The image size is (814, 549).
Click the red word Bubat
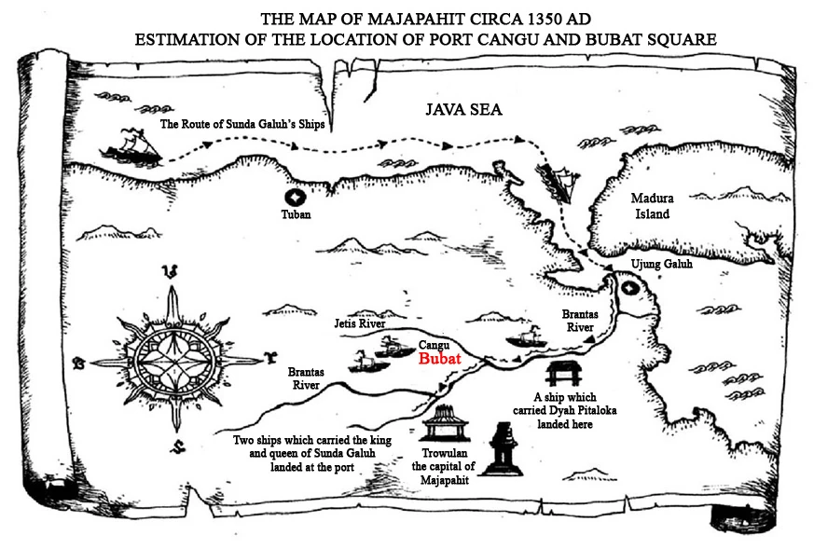tap(440, 359)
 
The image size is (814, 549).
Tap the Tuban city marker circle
tap(296, 198)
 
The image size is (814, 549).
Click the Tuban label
tap(296, 214)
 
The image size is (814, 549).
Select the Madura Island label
tap(653, 205)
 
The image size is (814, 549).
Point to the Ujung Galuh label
tap(661, 264)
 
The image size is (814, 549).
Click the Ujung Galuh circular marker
tap(629, 288)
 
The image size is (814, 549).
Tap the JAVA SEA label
tap(463, 109)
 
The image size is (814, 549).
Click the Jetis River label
tap(360, 323)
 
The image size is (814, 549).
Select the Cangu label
tap(434, 345)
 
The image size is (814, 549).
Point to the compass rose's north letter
tap(171, 271)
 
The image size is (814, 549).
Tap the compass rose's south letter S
tap(179, 446)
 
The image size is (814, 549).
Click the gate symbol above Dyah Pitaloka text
tap(564, 374)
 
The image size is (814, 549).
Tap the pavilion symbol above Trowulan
tap(445, 423)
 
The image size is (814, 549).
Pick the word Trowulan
tap(445, 453)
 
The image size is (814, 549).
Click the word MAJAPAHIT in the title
tap(416, 20)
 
